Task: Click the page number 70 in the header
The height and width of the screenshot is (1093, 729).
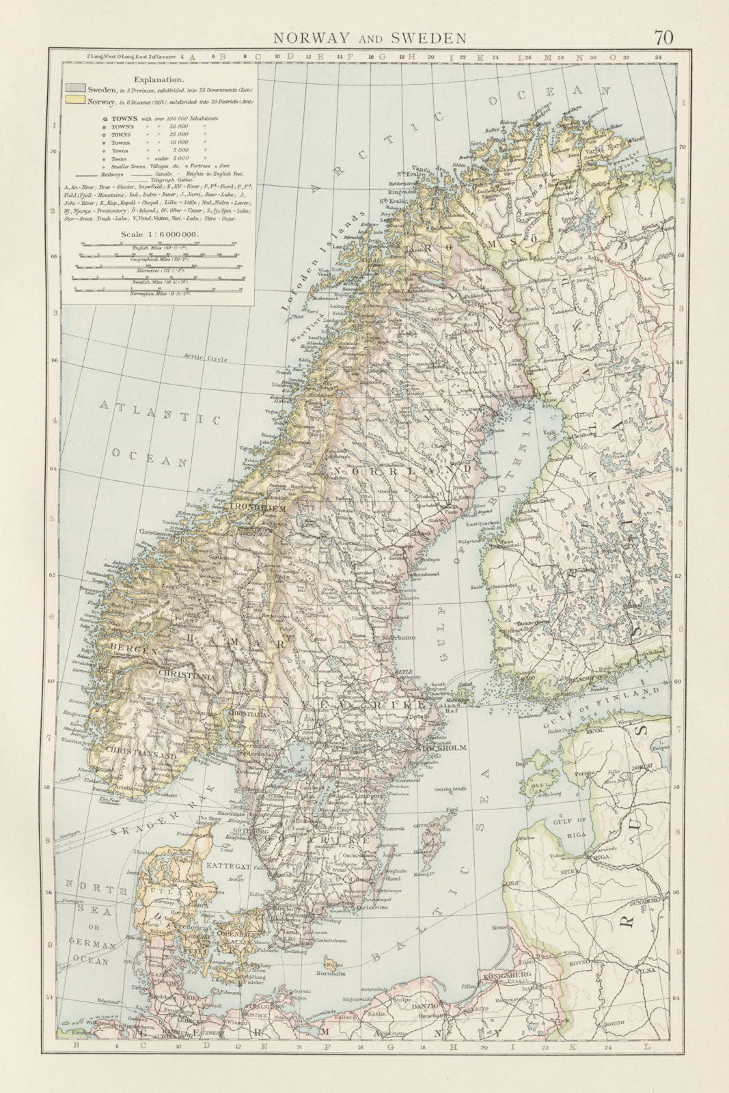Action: pyautogui.click(x=663, y=37)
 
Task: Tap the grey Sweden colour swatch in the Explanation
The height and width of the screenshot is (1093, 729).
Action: pyautogui.click(x=75, y=89)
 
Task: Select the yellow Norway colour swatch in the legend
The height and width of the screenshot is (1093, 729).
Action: pyautogui.click(x=75, y=102)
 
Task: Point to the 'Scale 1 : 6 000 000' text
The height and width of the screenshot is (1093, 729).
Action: pyautogui.click(x=159, y=234)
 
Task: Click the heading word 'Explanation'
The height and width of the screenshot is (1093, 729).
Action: pyautogui.click(x=158, y=79)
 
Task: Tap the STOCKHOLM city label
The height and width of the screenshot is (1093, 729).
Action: pyautogui.click(x=441, y=748)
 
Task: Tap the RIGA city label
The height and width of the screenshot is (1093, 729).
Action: pyautogui.click(x=601, y=856)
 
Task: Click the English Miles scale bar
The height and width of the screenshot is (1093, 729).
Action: pyautogui.click(x=159, y=244)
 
